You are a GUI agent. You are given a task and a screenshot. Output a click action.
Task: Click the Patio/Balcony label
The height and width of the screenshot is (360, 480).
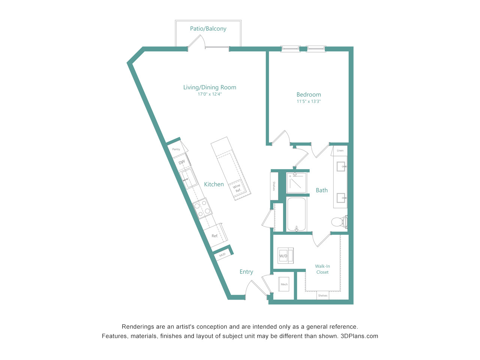(208, 28)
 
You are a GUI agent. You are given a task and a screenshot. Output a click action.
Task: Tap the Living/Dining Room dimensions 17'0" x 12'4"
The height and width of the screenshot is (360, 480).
(210, 94)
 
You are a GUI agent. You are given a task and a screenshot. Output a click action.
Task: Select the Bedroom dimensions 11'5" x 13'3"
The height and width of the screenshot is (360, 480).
(309, 101)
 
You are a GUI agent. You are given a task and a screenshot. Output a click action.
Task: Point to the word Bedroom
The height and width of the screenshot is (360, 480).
(309, 94)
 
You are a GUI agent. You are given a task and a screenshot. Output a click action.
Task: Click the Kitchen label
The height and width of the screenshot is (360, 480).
(214, 184)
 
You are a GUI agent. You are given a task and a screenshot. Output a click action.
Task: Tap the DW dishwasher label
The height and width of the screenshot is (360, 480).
(181, 162)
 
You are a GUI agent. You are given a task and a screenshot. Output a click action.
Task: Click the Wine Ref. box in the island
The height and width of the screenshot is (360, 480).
(237, 188)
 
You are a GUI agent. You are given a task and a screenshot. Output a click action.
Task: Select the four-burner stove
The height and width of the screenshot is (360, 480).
(202, 208)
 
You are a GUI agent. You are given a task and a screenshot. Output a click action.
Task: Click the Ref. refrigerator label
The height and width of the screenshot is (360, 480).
(215, 236)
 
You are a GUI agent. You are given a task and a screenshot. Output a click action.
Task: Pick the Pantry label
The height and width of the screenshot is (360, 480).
(176, 149)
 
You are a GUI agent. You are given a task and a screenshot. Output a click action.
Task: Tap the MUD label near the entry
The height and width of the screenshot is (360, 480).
(222, 255)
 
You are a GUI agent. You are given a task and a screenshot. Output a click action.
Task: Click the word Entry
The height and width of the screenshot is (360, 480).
(246, 272)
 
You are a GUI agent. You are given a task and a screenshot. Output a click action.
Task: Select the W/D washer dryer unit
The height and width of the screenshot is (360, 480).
(285, 255)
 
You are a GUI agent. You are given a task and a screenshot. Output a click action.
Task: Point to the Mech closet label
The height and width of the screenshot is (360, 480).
(284, 284)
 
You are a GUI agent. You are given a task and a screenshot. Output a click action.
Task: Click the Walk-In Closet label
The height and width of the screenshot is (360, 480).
(322, 269)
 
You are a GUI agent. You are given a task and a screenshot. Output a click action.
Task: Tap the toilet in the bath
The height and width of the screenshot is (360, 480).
(339, 222)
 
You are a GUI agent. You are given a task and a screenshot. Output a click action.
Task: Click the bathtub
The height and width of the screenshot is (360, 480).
(296, 214)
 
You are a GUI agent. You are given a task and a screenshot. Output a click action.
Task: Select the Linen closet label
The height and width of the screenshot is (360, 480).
(340, 150)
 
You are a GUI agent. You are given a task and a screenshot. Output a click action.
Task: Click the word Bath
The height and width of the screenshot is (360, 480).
(322, 190)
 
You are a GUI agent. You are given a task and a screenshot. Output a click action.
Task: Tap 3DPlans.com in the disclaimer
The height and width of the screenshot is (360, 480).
(359, 336)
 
